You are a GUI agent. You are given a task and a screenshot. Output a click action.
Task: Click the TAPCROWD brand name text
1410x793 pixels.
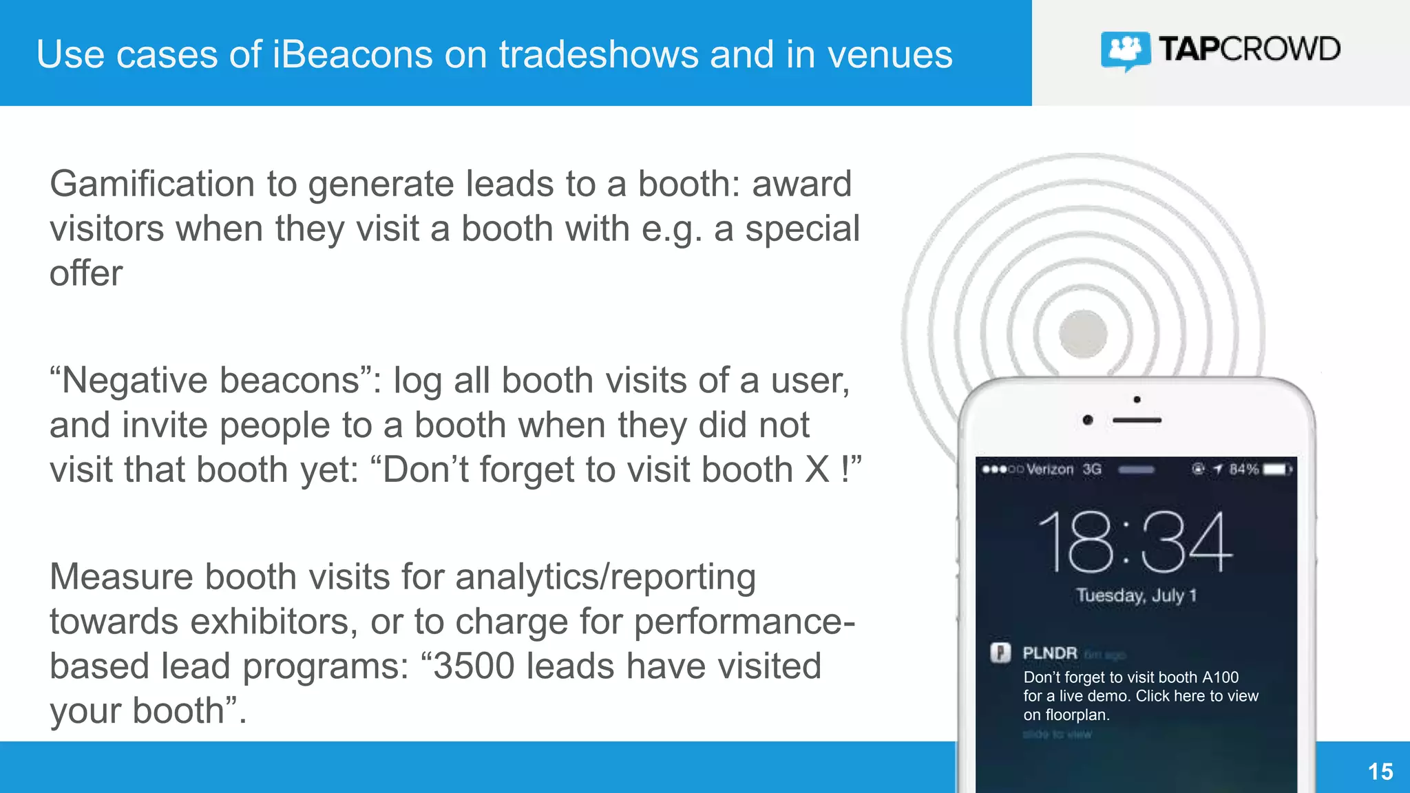coord(1250,50)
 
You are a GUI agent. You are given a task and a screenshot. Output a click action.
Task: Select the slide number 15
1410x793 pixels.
coord(1380,772)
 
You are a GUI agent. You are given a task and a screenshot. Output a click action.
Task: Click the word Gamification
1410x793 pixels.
coord(152,184)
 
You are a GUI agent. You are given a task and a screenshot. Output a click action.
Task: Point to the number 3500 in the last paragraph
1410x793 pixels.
coord(474,666)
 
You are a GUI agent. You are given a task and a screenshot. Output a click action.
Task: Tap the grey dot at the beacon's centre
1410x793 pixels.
coord(1083,335)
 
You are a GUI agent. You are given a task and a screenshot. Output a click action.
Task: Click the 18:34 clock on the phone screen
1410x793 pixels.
coord(1135,543)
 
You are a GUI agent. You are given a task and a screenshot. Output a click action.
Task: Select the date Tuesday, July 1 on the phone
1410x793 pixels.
coord(1136,595)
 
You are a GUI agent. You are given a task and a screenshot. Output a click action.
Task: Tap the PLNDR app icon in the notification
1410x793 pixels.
coord(1000,652)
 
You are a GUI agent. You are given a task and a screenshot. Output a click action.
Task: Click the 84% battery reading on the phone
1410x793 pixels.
coord(1243,469)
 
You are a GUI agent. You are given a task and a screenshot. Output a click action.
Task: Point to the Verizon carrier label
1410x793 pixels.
coord(1050,469)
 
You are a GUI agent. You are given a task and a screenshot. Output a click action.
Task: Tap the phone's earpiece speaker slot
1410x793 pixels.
coord(1137,420)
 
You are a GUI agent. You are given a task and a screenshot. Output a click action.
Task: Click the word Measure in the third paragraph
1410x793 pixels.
coord(121,577)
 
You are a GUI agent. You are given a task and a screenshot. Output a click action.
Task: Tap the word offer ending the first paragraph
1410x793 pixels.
coord(86,274)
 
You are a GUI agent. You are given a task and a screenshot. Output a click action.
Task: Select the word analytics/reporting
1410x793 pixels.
coord(605,577)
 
